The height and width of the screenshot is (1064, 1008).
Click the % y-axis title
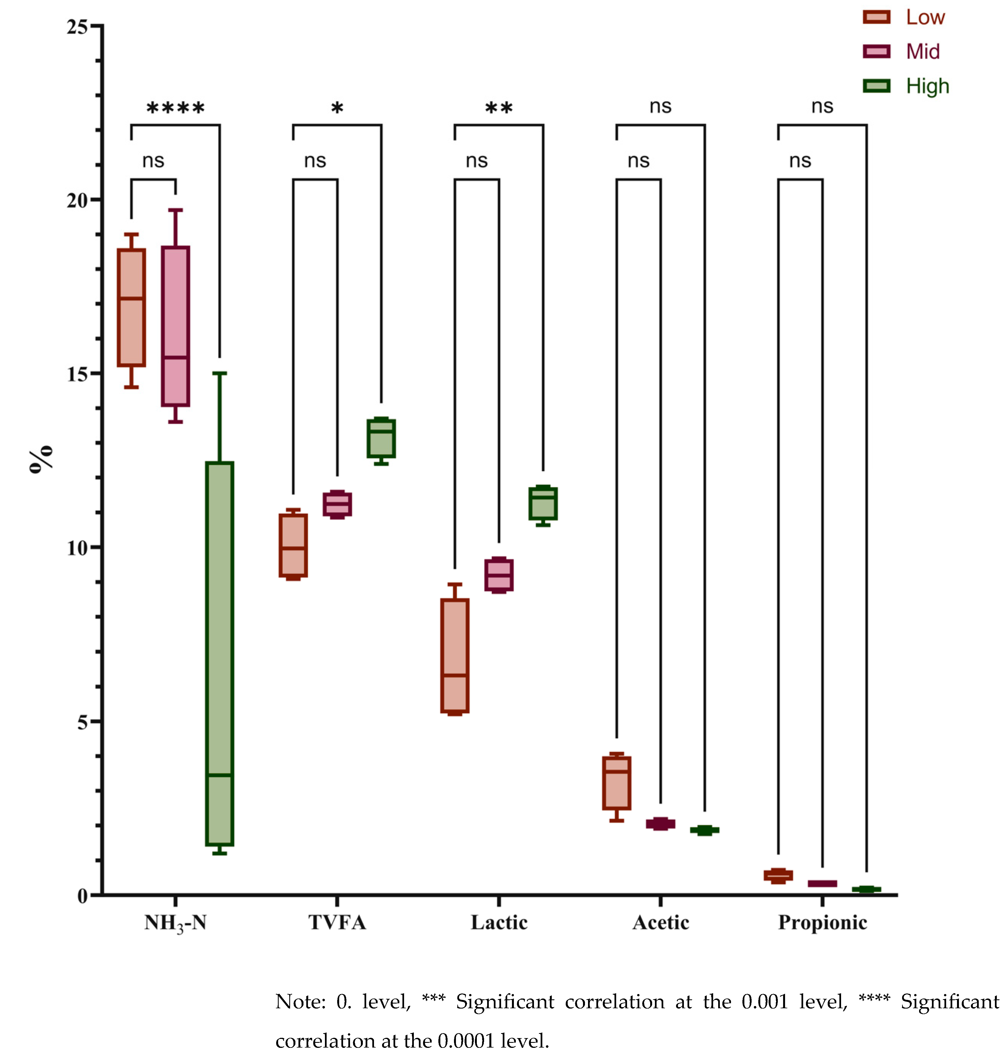[42, 459]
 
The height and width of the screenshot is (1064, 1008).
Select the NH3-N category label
[175, 923]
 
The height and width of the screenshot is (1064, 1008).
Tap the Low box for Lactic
[455, 655]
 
